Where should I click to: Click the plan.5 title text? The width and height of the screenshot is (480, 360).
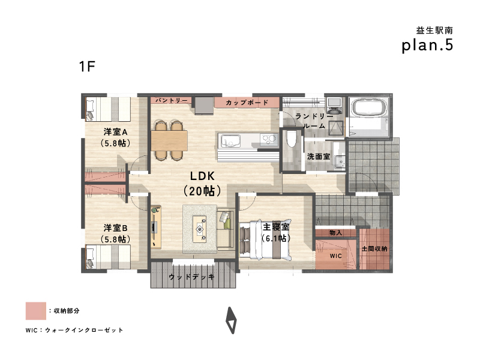(427, 46)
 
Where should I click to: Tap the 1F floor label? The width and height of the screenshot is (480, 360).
(87, 67)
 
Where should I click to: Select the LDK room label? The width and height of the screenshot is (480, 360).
(202, 176)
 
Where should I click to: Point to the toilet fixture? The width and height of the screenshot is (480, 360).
(291, 139)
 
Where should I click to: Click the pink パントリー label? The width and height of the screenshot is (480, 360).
(171, 100)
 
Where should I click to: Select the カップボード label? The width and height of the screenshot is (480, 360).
(247, 103)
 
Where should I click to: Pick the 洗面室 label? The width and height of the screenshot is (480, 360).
(319, 157)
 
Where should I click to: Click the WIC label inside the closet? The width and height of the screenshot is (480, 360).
(336, 256)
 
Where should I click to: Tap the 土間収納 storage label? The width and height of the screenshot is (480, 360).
(374, 248)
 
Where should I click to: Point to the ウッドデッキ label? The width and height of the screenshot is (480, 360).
(191, 277)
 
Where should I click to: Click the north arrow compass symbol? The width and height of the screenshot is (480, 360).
(231, 320)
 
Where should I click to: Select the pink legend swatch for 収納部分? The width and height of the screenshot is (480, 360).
(36, 311)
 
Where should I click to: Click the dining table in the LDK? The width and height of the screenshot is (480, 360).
(169, 140)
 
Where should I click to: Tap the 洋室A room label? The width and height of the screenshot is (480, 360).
(115, 132)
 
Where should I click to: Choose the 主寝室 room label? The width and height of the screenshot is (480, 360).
(276, 227)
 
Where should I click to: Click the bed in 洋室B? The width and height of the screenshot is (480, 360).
(109, 256)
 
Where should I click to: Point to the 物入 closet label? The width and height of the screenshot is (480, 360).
(336, 233)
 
